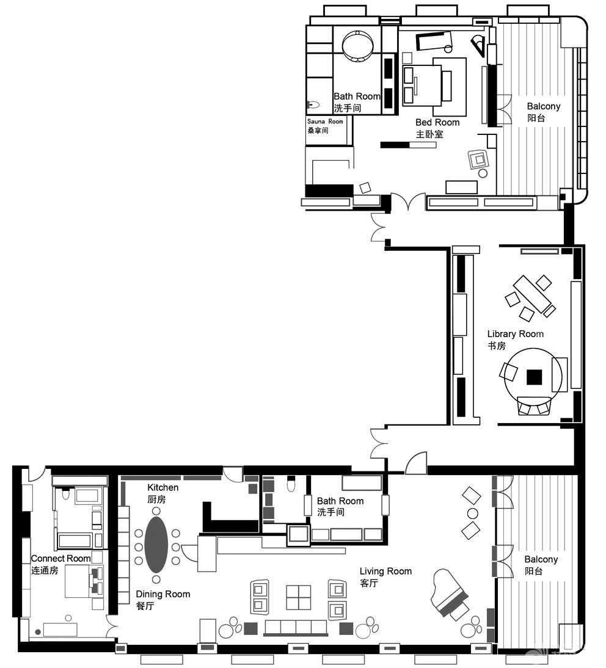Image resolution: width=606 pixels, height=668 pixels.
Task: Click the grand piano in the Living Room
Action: (x=450, y=594)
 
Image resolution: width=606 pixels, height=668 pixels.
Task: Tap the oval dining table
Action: (x=156, y=545)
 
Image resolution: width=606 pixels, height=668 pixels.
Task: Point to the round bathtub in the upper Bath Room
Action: (x=358, y=46)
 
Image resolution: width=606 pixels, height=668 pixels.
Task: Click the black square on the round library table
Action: (x=534, y=377)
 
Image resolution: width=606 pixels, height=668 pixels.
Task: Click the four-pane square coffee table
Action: (x=298, y=597)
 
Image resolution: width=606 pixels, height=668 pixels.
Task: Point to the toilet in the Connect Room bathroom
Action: (x=65, y=494)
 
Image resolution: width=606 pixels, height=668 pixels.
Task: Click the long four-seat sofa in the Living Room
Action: (x=296, y=628)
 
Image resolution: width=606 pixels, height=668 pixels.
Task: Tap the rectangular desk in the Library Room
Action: (x=533, y=294)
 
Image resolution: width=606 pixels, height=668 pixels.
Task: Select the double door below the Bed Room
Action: (x=408, y=201)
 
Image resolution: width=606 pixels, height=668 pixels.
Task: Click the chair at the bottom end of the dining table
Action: (x=156, y=579)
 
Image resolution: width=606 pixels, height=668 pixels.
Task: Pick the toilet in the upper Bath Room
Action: (x=313, y=104)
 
